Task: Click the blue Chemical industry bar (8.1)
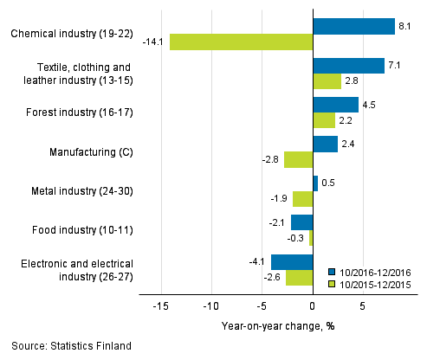pyautogui.click(x=353, y=26)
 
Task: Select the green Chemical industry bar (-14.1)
pyautogui.click(x=241, y=42)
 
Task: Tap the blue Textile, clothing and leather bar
pyautogui.click(x=348, y=66)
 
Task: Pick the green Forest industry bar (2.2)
pyautogui.click(x=324, y=120)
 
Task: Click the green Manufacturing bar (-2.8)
pyautogui.click(x=298, y=159)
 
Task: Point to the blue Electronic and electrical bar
pyautogui.click(x=292, y=261)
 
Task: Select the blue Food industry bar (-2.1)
pyautogui.click(x=301, y=222)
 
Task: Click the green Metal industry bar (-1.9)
pyautogui.click(x=302, y=198)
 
